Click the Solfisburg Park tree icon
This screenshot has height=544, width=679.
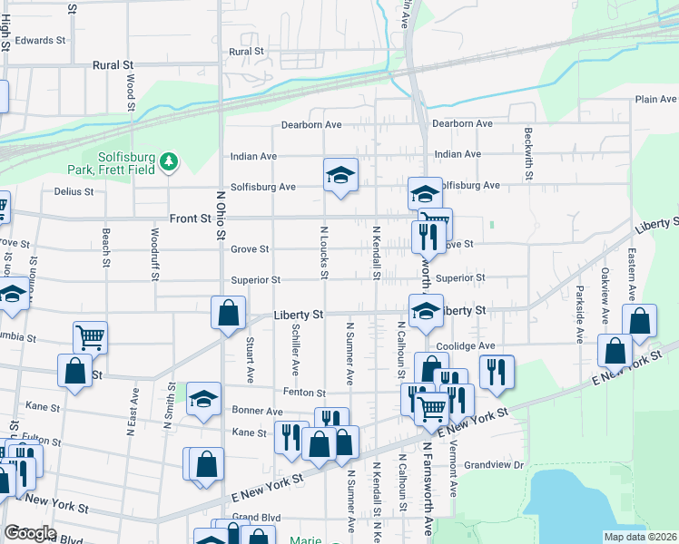168,162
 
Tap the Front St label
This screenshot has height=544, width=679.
190,219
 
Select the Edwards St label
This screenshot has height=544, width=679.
41,41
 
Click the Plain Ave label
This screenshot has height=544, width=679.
655,99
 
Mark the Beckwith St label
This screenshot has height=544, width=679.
527,150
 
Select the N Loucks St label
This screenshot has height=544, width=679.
323,251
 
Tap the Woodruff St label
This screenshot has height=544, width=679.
153,256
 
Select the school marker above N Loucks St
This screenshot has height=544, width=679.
341,174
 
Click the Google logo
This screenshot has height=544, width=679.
30,533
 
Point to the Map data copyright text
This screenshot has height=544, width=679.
640,537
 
